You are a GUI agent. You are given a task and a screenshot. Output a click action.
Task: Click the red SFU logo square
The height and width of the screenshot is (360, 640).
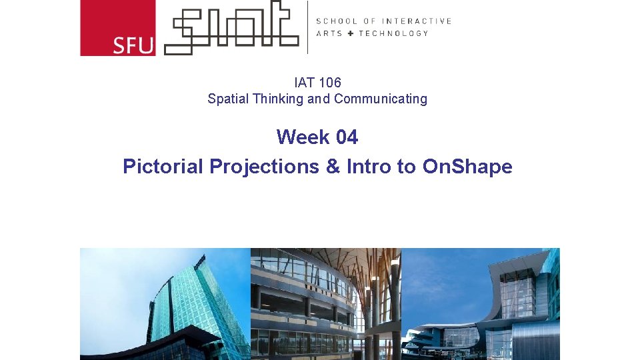(x=117, y=28)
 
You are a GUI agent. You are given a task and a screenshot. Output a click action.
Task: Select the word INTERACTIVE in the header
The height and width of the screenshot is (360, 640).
(x=417, y=21)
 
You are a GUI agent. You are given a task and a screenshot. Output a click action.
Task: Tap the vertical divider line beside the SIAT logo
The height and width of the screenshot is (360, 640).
(x=307, y=27)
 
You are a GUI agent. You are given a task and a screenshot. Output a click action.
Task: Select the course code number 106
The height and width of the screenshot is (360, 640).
(x=330, y=83)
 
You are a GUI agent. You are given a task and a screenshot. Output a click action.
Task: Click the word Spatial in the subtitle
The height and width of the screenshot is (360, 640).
(x=227, y=99)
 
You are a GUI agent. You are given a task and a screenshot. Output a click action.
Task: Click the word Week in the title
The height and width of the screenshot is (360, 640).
(x=303, y=137)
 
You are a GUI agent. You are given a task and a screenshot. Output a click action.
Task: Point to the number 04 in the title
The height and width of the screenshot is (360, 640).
(x=347, y=137)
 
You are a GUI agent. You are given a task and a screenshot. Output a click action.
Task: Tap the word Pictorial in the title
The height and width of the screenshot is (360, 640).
(x=163, y=166)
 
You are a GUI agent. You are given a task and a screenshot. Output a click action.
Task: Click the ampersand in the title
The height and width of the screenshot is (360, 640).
(x=333, y=166)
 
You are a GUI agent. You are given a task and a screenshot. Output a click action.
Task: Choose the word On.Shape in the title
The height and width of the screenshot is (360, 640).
(x=467, y=166)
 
